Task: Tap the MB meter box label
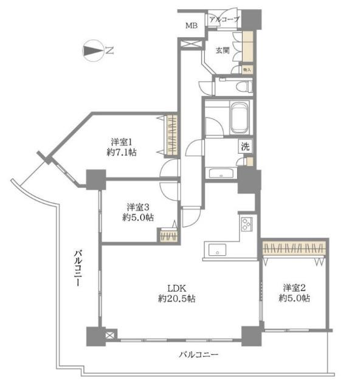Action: [x=192, y=26]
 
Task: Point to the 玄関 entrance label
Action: [x=222, y=51]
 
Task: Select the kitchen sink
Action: [x=217, y=249]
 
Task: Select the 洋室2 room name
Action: [x=294, y=287]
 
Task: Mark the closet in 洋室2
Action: [x=294, y=249]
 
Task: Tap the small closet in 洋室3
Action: [x=167, y=235]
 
